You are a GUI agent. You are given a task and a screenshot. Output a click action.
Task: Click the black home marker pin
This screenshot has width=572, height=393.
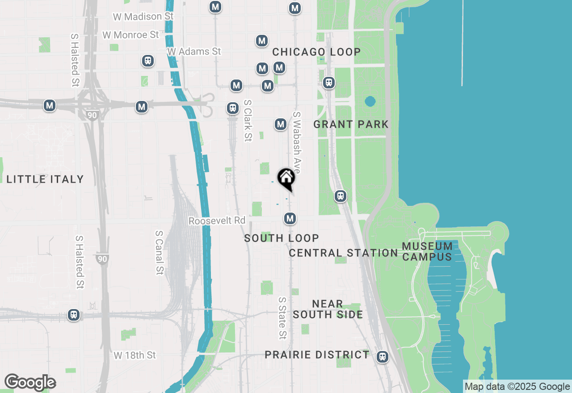pyautogui.click(x=286, y=179)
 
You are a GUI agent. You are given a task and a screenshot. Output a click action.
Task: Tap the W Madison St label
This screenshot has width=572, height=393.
pyautogui.click(x=143, y=17)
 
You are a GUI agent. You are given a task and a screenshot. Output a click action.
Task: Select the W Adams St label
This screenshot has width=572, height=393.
pyautogui.click(x=194, y=51)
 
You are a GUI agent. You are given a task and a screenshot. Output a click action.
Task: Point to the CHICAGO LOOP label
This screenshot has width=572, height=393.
pyautogui.click(x=316, y=52)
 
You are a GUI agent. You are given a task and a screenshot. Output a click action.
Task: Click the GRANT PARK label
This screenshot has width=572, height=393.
pyautogui.click(x=351, y=124)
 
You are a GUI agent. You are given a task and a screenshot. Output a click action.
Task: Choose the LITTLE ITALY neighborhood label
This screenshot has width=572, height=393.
pyautogui.click(x=45, y=179)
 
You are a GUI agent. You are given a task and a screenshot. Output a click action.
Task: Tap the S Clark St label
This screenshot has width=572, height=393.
pyautogui.click(x=248, y=120)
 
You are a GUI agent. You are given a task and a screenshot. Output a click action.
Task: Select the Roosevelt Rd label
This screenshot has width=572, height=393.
pyautogui.click(x=217, y=221)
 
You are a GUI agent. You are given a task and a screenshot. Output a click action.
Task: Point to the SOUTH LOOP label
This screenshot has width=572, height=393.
pyautogui.click(x=282, y=238)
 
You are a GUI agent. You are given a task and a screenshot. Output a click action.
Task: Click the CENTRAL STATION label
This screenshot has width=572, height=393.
pyautogui.click(x=343, y=253)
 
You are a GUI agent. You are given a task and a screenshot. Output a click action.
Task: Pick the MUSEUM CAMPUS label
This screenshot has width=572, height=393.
pyautogui.click(x=427, y=251)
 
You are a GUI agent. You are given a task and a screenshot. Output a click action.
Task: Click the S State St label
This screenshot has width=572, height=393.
pyautogui.click(x=282, y=318)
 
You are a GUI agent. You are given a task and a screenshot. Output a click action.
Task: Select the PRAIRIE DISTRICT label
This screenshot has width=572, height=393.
pyautogui.click(x=317, y=355)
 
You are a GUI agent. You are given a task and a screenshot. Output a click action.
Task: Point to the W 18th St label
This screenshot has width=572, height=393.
pyautogui.click(x=135, y=355)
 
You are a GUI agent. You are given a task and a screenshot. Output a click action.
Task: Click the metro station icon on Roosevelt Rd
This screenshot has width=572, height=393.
pyautogui.click(x=290, y=218)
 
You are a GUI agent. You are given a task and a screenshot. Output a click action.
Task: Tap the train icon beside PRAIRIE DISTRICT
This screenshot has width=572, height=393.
pyautogui.click(x=382, y=357)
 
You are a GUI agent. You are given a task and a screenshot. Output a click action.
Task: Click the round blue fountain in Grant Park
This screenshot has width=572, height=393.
pyautogui.click(x=370, y=101)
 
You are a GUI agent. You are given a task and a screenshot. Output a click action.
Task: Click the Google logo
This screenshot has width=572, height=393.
pyautogui.click(x=30, y=383)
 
